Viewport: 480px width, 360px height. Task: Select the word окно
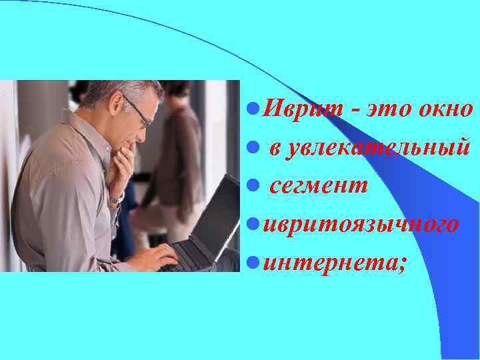tap(448, 109)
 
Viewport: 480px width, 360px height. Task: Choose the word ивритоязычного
tap(360, 225)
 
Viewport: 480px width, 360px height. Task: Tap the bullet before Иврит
tap(251, 108)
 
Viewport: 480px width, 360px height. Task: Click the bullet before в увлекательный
tap(251, 147)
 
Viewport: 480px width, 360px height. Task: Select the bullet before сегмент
tap(251, 185)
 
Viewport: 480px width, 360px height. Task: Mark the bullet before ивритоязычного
tap(251, 224)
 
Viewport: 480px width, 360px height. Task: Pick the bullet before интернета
tap(251, 262)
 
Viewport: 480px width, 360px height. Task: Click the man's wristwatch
tap(117, 199)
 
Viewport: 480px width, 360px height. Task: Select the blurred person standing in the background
tap(180, 160)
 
